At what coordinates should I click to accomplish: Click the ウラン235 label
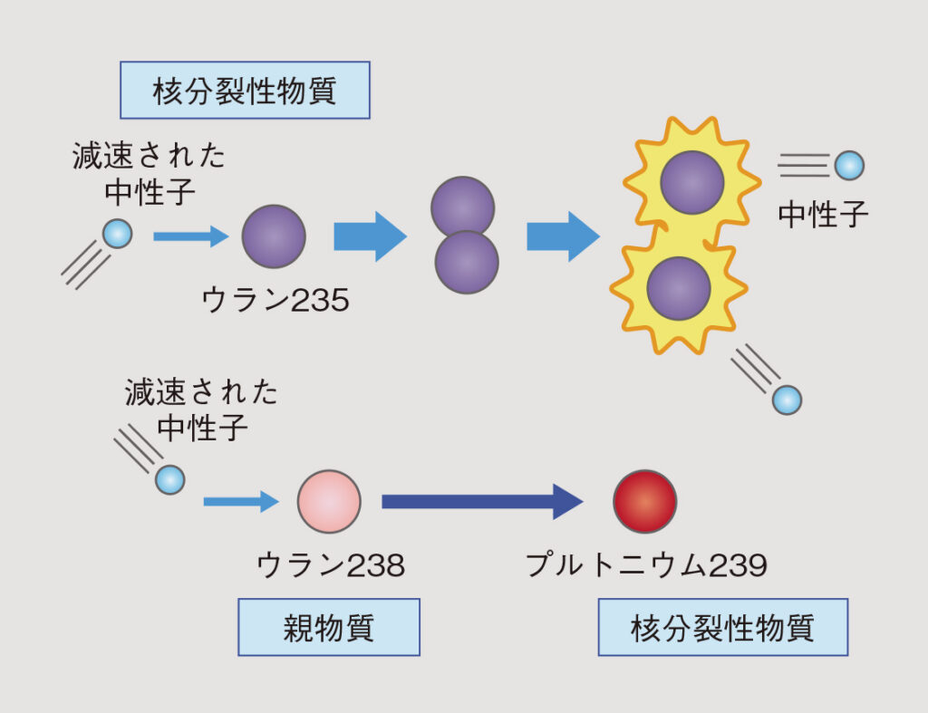tap(275, 300)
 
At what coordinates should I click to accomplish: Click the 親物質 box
tap(329, 627)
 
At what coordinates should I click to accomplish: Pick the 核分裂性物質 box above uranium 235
tap(245, 91)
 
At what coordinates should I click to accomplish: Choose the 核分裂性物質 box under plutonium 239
tap(722, 627)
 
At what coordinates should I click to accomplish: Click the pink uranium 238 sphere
tap(329, 501)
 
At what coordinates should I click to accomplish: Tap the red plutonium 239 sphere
tap(644, 501)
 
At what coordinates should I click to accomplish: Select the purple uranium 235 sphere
tap(274, 236)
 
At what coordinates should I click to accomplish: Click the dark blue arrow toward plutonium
tap(481, 501)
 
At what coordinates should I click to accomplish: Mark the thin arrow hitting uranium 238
tap(240, 501)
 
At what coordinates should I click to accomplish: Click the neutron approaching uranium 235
tap(118, 234)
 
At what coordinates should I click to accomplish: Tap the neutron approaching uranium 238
tap(169, 479)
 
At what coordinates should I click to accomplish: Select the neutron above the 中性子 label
tap(849, 165)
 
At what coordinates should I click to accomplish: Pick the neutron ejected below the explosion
tap(787, 400)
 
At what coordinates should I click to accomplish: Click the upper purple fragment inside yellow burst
tap(691, 182)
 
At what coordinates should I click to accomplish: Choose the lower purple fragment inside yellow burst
tap(679, 288)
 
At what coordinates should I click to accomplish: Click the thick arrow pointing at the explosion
tap(563, 236)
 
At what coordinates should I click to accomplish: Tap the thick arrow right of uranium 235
tap(370, 236)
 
